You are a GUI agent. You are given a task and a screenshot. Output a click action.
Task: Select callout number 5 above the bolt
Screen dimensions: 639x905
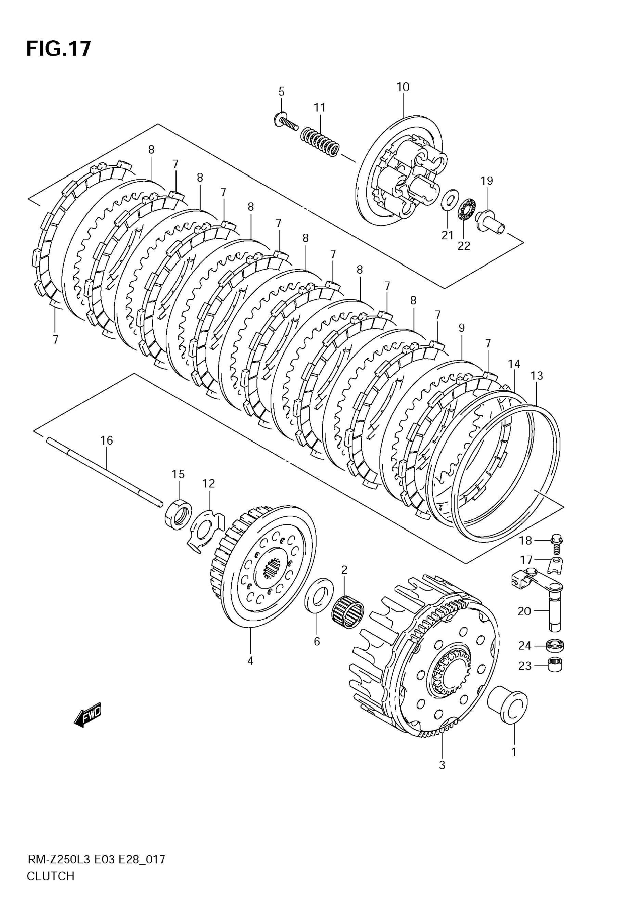pyautogui.click(x=281, y=91)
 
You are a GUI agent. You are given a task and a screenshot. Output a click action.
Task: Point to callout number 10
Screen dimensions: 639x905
pyautogui.click(x=403, y=87)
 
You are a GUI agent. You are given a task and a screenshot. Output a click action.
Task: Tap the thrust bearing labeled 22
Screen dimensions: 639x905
pyautogui.click(x=467, y=210)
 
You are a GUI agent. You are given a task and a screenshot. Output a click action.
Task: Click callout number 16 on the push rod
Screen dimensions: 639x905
pyautogui.click(x=106, y=440)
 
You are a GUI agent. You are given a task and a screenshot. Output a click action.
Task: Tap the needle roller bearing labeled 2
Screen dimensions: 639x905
pyautogui.click(x=348, y=613)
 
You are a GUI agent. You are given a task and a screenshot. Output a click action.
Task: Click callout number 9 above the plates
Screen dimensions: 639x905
pyautogui.click(x=462, y=328)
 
